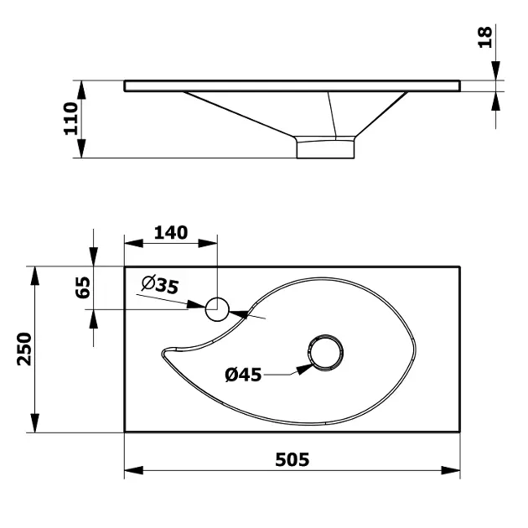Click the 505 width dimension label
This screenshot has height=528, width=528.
point(292,459)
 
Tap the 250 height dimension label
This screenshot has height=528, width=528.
point(24,349)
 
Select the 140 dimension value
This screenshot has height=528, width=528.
point(171,233)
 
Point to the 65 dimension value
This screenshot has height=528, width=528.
point(82,287)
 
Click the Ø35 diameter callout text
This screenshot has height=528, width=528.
point(160,285)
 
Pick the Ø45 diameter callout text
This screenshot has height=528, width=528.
point(243,375)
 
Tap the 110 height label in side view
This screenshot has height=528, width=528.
point(71,118)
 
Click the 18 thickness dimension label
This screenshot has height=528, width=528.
point(485,37)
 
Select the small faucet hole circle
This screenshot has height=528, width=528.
point(217,309)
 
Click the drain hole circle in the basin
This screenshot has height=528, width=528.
point(325,353)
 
